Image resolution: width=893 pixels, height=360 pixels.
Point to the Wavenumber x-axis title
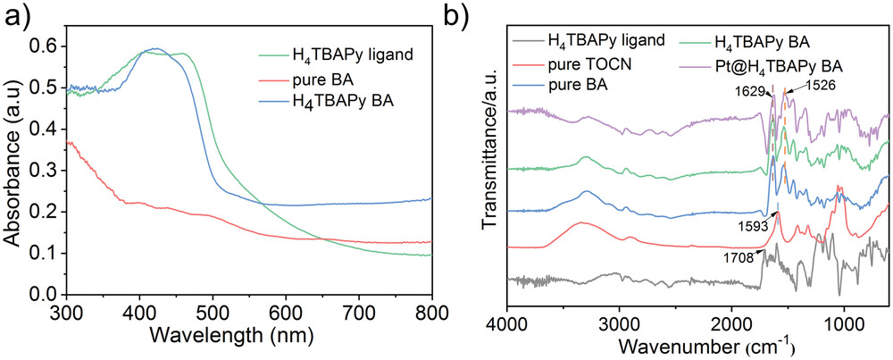[x=699, y=344]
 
